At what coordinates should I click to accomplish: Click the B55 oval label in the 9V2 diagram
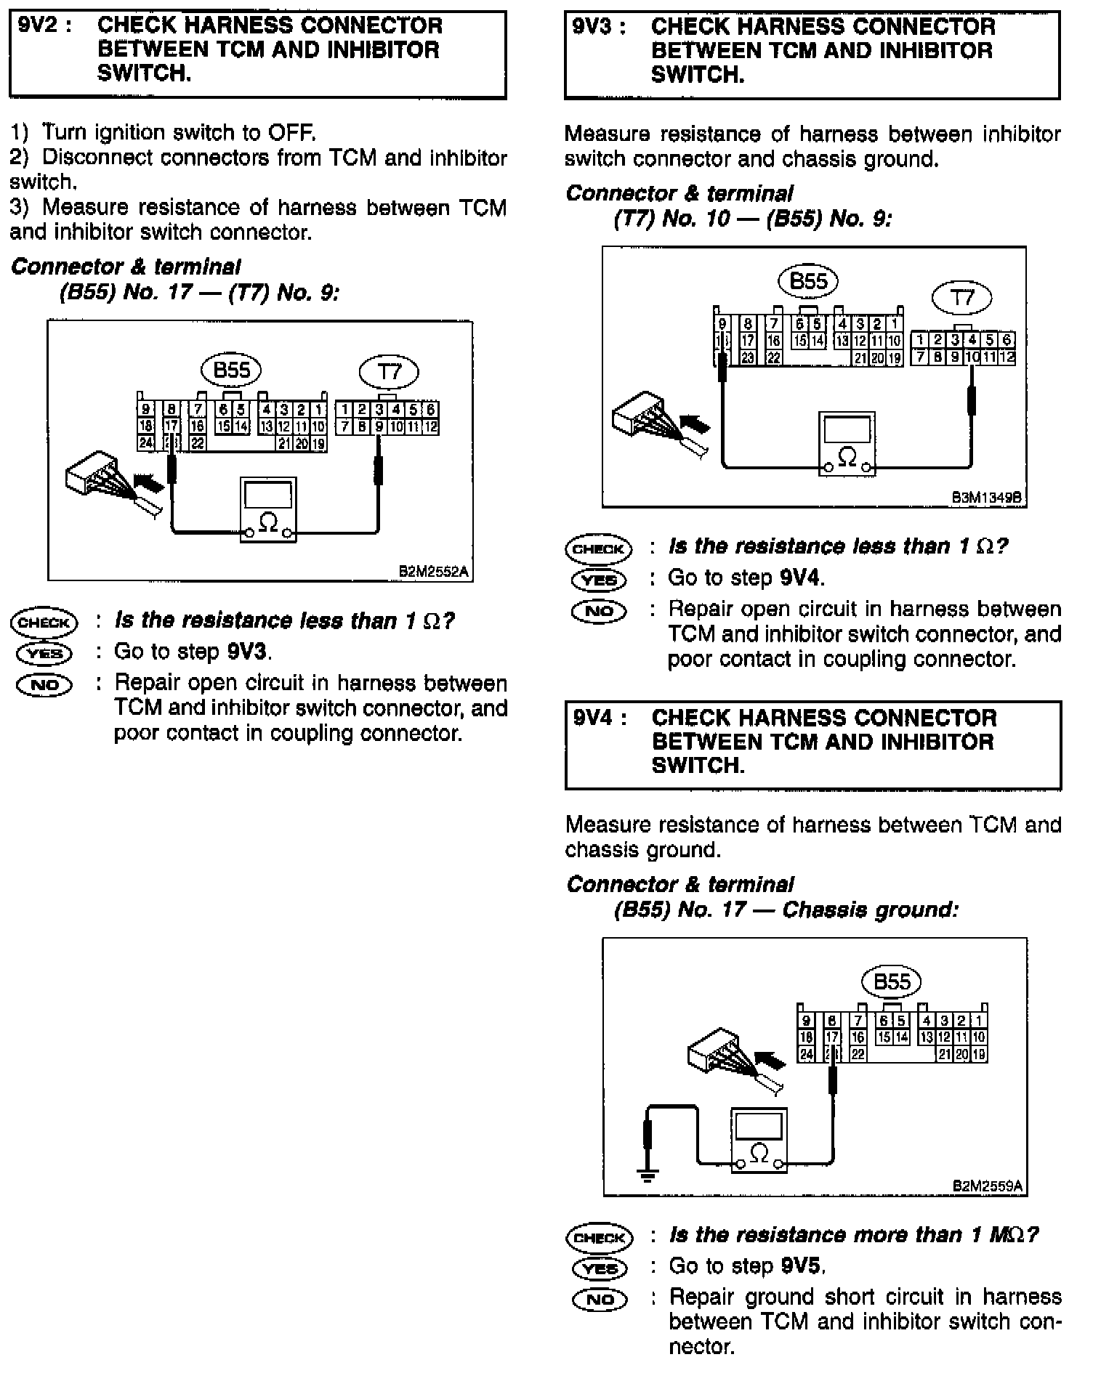pyautogui.click(x=231, y=370)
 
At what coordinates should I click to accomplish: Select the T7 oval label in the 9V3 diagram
pyautogui.click(x=962, y=298)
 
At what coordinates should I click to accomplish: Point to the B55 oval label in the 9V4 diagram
pyautogui.click(x=891, y=982)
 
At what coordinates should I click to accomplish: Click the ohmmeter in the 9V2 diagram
pyautogui.click(x=268, y=509)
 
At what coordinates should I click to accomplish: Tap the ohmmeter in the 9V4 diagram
pyautogui.click(x=759, y=1141)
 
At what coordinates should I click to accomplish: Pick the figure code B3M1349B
pyautogui.click(x=987, y=498)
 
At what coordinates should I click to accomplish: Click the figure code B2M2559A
pyautogui.click(x=988, y=1186)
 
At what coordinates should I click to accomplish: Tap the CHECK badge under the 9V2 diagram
pyautogui.click(x=44, y=622)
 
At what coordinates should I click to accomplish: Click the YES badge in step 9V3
pyautogui.click(x=599, y=579)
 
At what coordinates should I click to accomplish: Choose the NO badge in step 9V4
pyautogui.click(x=600, y=1298)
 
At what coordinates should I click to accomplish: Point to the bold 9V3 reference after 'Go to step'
pyautogui.click(x=249, y=652)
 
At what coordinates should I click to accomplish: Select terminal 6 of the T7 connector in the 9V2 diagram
pyautogui.click(x=430, y=410)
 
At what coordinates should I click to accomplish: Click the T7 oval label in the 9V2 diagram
pyautogui.click(x=389, y=373)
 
